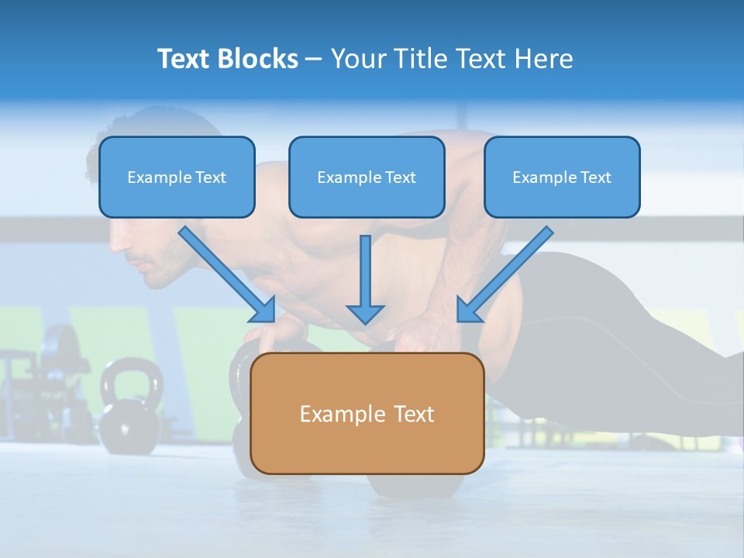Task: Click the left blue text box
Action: pyautogui.click(x=177, y=177)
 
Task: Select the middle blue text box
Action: pyautogui.click(x=367, y=177)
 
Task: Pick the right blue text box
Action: pyautogui.click(x=562, y=177)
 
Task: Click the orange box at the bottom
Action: pyautogui.click(x=367, y=413)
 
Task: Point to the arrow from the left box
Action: pyautogui.click(x=226, y=273)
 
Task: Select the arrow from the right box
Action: pyautogui.click(x=505, y=273)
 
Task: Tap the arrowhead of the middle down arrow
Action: pyautogui.click(x=366, y=313)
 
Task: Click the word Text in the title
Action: pyautogui.click(x=184, y=59)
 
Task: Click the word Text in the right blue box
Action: pyautogui.click(x=595, y=177)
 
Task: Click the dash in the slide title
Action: pyautogui.click(x=314, y=59)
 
